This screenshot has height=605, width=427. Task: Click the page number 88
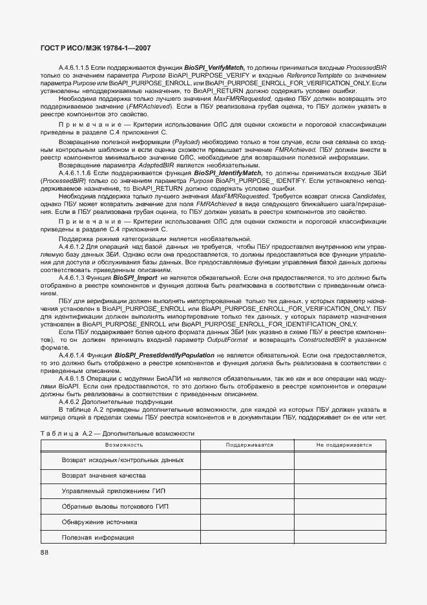[44, 552]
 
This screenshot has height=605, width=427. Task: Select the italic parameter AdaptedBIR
[158, 166]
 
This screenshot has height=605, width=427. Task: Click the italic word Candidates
[366, 196]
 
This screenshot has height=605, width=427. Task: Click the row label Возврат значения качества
[99, 475]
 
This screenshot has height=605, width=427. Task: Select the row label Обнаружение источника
[99, 522]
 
